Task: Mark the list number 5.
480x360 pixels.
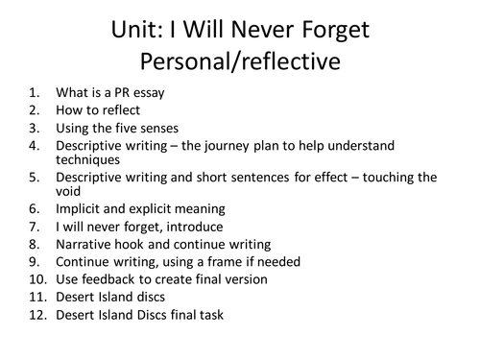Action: point(36,177)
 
